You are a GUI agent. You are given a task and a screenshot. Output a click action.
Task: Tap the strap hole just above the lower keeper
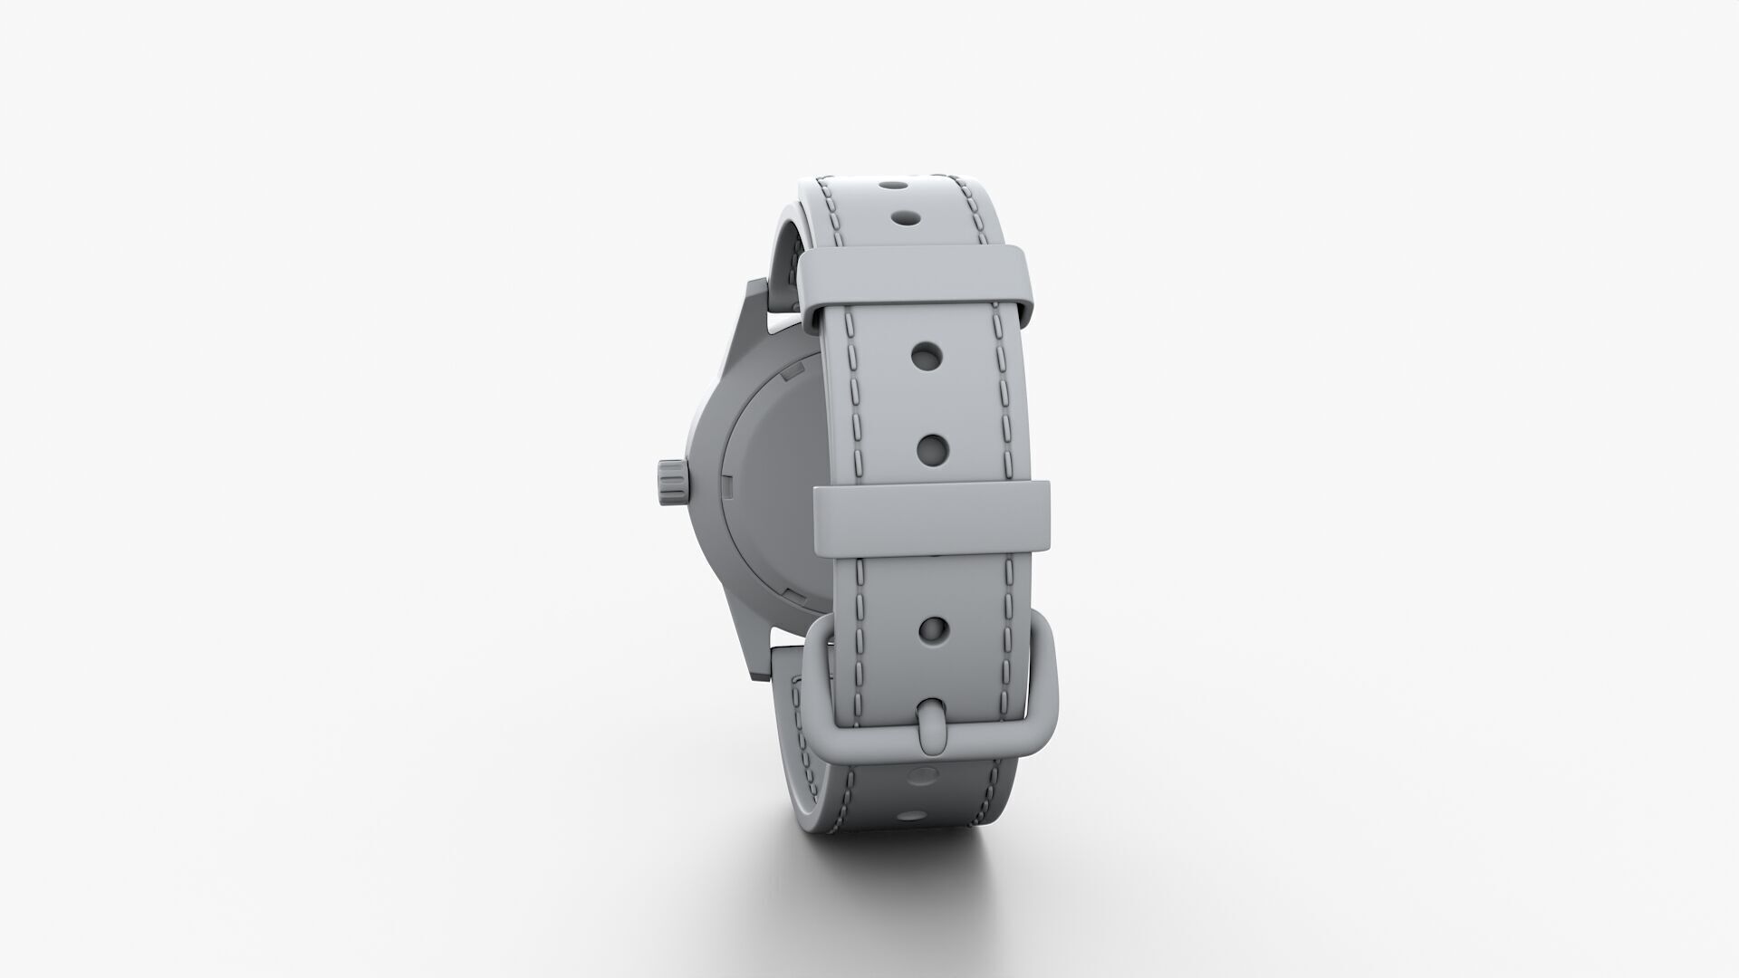932,446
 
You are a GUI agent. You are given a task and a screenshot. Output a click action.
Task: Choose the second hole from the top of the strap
903,218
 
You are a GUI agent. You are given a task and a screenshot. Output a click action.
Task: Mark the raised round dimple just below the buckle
922,775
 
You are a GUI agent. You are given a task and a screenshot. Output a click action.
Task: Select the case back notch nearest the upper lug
792,371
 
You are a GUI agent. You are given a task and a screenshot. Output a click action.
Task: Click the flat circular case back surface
779,480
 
